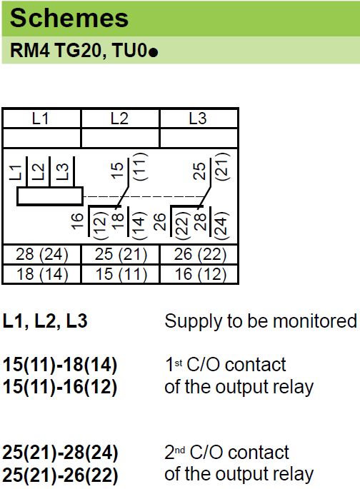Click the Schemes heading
coord(69,18)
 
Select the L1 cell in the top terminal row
coord(41,119)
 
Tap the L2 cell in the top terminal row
coord(120,119)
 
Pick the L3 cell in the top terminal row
coord(199,119)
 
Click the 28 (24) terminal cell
coord(42,254)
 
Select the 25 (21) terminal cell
coord(121,254)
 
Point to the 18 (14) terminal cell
coord(42,274)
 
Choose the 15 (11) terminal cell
coord(121,274)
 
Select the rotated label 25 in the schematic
coord(200,171)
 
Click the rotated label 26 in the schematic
coord(160,222)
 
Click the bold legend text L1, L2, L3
coord(45,321)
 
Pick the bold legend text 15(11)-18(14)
coord(60,365)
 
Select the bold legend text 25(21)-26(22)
coord(60,475)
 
